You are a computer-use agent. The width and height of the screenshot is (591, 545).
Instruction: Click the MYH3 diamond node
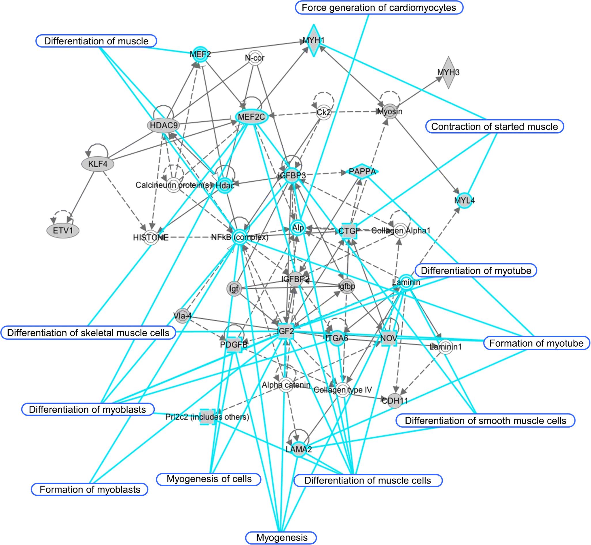pos(448,73)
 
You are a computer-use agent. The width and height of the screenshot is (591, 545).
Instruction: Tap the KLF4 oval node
pos(98,164)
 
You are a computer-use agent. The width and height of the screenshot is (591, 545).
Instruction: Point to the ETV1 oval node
pos(63,230)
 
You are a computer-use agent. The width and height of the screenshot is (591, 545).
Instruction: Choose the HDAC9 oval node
pos(164,126)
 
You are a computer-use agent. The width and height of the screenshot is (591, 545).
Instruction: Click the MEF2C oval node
pos(251,117)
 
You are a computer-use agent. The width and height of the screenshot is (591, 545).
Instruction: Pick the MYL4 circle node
pos(464,200)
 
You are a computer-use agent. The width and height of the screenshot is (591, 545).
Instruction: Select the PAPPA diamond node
pos(362,171)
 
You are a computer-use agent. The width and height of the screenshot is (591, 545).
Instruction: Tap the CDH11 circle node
pos(395,401)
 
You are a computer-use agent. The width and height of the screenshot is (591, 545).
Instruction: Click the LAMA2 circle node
pos(299,450)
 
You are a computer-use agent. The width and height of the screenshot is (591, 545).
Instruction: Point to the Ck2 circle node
pos(323,112)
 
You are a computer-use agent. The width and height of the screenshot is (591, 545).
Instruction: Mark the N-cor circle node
pos(255,58)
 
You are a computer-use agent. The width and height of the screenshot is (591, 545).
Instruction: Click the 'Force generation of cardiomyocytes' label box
pos(379,8)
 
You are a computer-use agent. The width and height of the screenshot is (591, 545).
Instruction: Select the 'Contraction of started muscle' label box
pos(494,127)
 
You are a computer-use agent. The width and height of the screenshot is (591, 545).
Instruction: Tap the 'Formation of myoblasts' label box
pos(90,490)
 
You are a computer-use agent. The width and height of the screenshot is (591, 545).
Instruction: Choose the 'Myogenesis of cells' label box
pos(209,479)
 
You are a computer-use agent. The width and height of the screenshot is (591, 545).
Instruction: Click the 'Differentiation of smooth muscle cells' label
pos(485,420)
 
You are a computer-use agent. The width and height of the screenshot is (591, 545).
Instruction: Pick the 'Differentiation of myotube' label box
pos(476,270)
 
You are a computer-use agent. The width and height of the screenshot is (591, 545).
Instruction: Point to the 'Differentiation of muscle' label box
pos(96,41)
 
